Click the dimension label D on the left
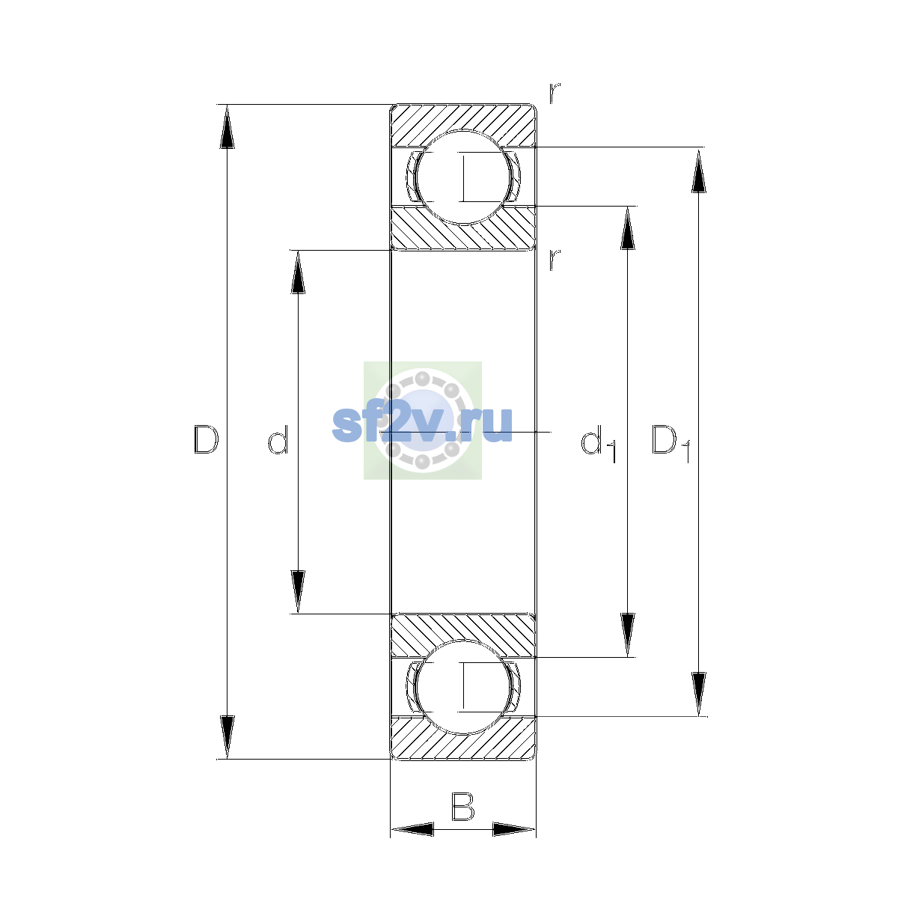(207, 439)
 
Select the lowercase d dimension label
(278, 439)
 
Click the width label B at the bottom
(462, 807)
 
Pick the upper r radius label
(555, 94)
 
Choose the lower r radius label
(555, 260)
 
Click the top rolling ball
(463, 177)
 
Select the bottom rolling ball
(463, 688)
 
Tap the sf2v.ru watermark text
(422, 424)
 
